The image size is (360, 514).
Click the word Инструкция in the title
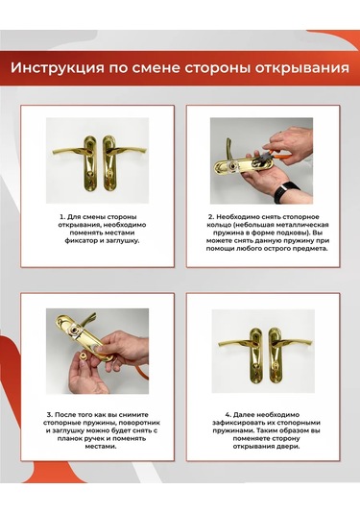58,68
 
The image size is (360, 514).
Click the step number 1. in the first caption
62,217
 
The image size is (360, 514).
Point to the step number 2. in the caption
211,217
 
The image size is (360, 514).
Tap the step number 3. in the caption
50,415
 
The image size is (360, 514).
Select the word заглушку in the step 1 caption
123,241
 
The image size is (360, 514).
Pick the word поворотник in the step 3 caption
141,423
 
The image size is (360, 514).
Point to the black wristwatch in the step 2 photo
286,190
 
